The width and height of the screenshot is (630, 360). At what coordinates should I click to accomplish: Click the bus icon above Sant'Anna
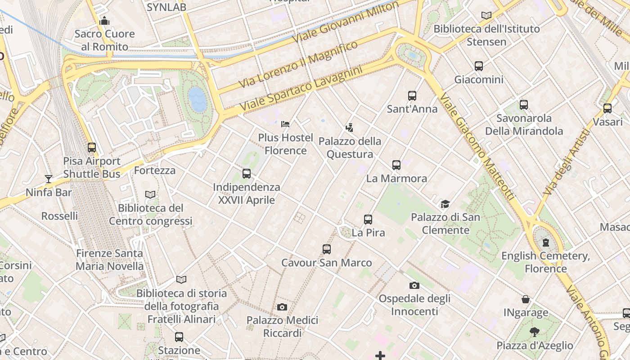pos(412,95)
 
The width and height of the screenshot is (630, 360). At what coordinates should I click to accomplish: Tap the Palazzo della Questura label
pos(350,148)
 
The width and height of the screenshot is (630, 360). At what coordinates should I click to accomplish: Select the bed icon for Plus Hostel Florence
pos(285,124)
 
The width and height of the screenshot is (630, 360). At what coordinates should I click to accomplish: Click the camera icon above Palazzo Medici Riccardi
pos(282,307)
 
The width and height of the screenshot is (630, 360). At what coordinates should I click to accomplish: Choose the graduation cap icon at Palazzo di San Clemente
pos(445,204)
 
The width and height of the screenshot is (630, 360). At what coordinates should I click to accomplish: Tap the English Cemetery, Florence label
pos(545,262)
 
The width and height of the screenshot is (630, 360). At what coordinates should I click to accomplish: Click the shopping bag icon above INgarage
pos(526,299)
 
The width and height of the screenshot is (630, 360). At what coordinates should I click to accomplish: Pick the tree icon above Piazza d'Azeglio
pos(535,333)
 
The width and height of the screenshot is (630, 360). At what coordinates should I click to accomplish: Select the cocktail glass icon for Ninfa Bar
pos(49,179)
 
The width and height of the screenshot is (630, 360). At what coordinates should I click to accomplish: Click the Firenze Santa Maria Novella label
pos(109,260)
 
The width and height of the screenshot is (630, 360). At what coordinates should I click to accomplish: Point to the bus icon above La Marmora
pos(396,165)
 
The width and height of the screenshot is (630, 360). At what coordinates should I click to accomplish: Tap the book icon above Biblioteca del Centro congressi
pos(150,194)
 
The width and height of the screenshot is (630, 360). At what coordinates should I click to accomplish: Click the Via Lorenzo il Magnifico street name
pos(298,64)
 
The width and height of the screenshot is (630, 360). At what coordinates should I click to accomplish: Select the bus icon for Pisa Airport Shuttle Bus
pos(92,148)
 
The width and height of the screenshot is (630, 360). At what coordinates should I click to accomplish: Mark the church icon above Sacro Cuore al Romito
pos(104,21)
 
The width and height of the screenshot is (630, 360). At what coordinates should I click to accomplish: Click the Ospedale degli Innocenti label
pos(414,305)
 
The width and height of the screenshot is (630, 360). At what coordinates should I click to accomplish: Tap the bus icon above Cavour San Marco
pos(327,249)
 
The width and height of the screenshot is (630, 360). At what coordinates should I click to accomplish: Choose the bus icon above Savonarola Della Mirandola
pos(524,105)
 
